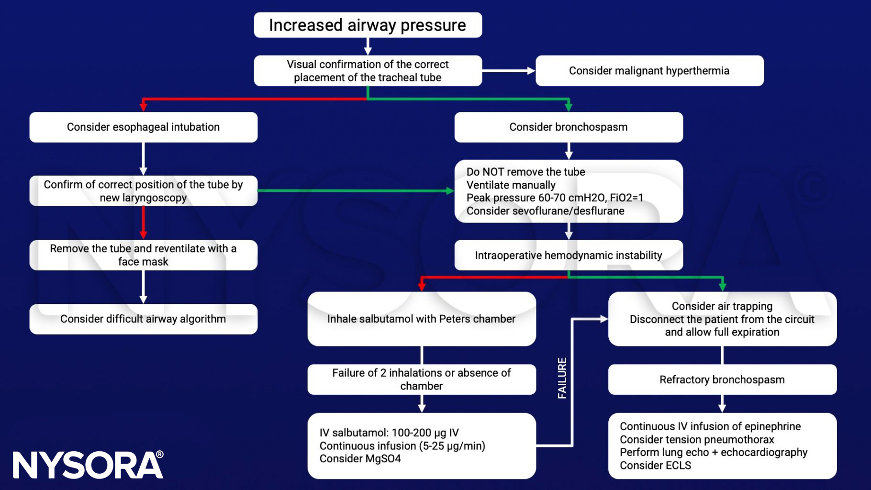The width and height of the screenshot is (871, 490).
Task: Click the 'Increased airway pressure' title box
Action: click(x=368, y=25)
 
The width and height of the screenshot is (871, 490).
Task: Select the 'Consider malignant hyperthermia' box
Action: click(x=649, y=71)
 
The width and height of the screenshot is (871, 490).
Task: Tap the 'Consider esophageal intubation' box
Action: click(x=143, y=127)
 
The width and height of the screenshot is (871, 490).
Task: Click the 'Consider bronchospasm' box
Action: click(x=568, y=127)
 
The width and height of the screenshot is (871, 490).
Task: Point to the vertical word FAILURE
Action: click(x=562, y=378)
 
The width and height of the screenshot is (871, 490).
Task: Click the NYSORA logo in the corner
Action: click(x=88, y=465)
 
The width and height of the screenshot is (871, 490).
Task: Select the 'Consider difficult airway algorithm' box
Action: click(x=143, y=319)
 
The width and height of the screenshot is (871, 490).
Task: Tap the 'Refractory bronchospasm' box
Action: click(x=722, y=380)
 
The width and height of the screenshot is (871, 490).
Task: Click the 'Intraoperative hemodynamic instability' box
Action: click(x=568, y=256)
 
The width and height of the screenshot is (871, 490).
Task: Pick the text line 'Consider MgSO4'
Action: click(x=360, y=459)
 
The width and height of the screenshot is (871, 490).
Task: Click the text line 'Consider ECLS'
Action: click(x=655, y=466)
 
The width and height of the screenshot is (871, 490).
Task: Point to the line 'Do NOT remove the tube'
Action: click(x=525, y=172)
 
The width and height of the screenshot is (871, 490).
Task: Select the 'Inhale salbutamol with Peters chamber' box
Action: click(x=421, y=319)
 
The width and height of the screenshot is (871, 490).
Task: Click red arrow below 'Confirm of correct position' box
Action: click(x=143, y=223)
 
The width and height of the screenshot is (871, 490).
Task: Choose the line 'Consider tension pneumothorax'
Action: click(x=696, y=440)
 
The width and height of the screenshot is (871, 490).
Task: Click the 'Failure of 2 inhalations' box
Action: click(x=421, y=379)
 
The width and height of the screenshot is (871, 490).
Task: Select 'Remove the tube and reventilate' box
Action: click(x=143, y=255)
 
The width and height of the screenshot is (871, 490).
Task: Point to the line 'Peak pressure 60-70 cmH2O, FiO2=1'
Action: click(x=555, y=198)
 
